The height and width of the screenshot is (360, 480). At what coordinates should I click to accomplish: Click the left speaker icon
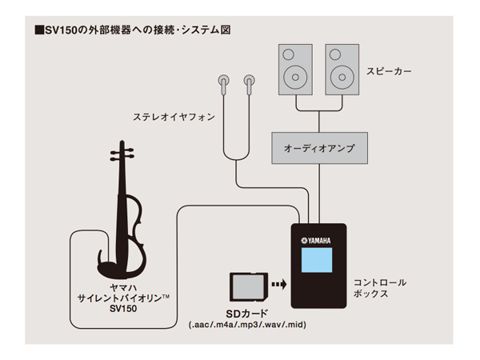295,69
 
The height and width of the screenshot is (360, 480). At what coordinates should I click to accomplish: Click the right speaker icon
342,69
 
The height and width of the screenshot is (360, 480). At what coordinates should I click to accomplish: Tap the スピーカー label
390,71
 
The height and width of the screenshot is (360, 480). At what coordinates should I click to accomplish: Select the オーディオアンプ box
319,148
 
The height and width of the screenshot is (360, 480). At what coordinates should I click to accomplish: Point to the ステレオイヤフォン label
174,118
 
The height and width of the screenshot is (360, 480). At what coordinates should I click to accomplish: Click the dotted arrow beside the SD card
278,283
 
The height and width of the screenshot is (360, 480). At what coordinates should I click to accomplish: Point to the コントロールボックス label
380,288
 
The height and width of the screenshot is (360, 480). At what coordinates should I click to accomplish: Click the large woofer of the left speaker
295,78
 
